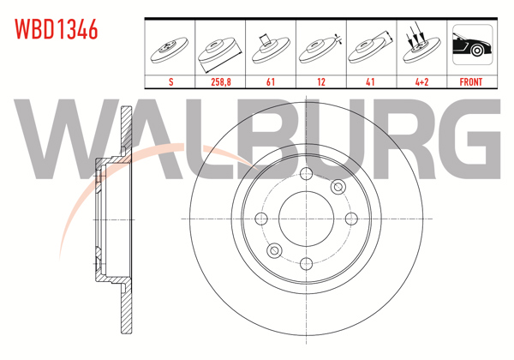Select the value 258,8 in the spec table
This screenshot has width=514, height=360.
click(x=220, y=82)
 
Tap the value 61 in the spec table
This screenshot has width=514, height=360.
click(x=270, y=82)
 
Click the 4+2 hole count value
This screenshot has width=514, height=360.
click(x=420, y=82)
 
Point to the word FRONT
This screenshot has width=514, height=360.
click(x=470, y=82)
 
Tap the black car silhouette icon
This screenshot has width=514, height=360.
click(x=470, y=48)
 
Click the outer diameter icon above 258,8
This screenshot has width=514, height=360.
click(x=220, y=50)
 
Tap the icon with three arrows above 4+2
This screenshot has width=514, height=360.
click(x=420, y=48)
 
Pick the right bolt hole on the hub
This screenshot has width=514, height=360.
click(x=348, y=218)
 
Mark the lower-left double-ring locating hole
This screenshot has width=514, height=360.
click(x=274, y=249)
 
